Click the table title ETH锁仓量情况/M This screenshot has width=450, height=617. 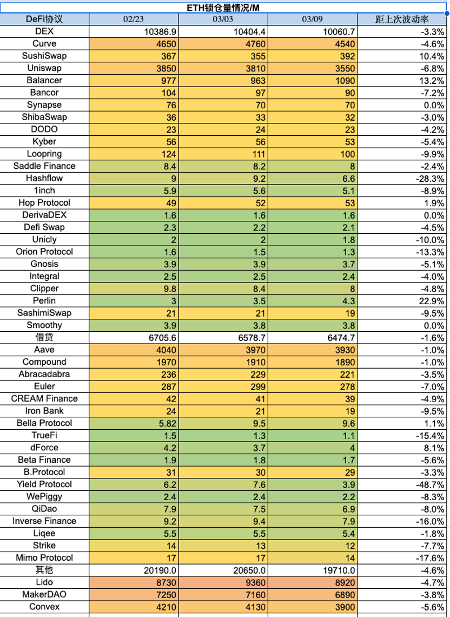pos(223,8)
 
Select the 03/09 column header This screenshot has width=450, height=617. pos(312,19)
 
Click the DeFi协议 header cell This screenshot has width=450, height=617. pos(44,19)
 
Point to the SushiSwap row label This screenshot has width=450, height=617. pos(44,56)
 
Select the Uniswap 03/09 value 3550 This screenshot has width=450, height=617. pos(345,69)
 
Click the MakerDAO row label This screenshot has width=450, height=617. pos(44,595)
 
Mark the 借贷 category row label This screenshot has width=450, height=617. pos(44,338)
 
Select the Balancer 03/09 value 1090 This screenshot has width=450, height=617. pos(345,81)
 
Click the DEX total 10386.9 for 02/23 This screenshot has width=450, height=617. pos(161,31)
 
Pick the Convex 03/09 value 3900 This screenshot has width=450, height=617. pos(345,607)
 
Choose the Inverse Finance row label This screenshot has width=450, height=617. pos(44,521)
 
